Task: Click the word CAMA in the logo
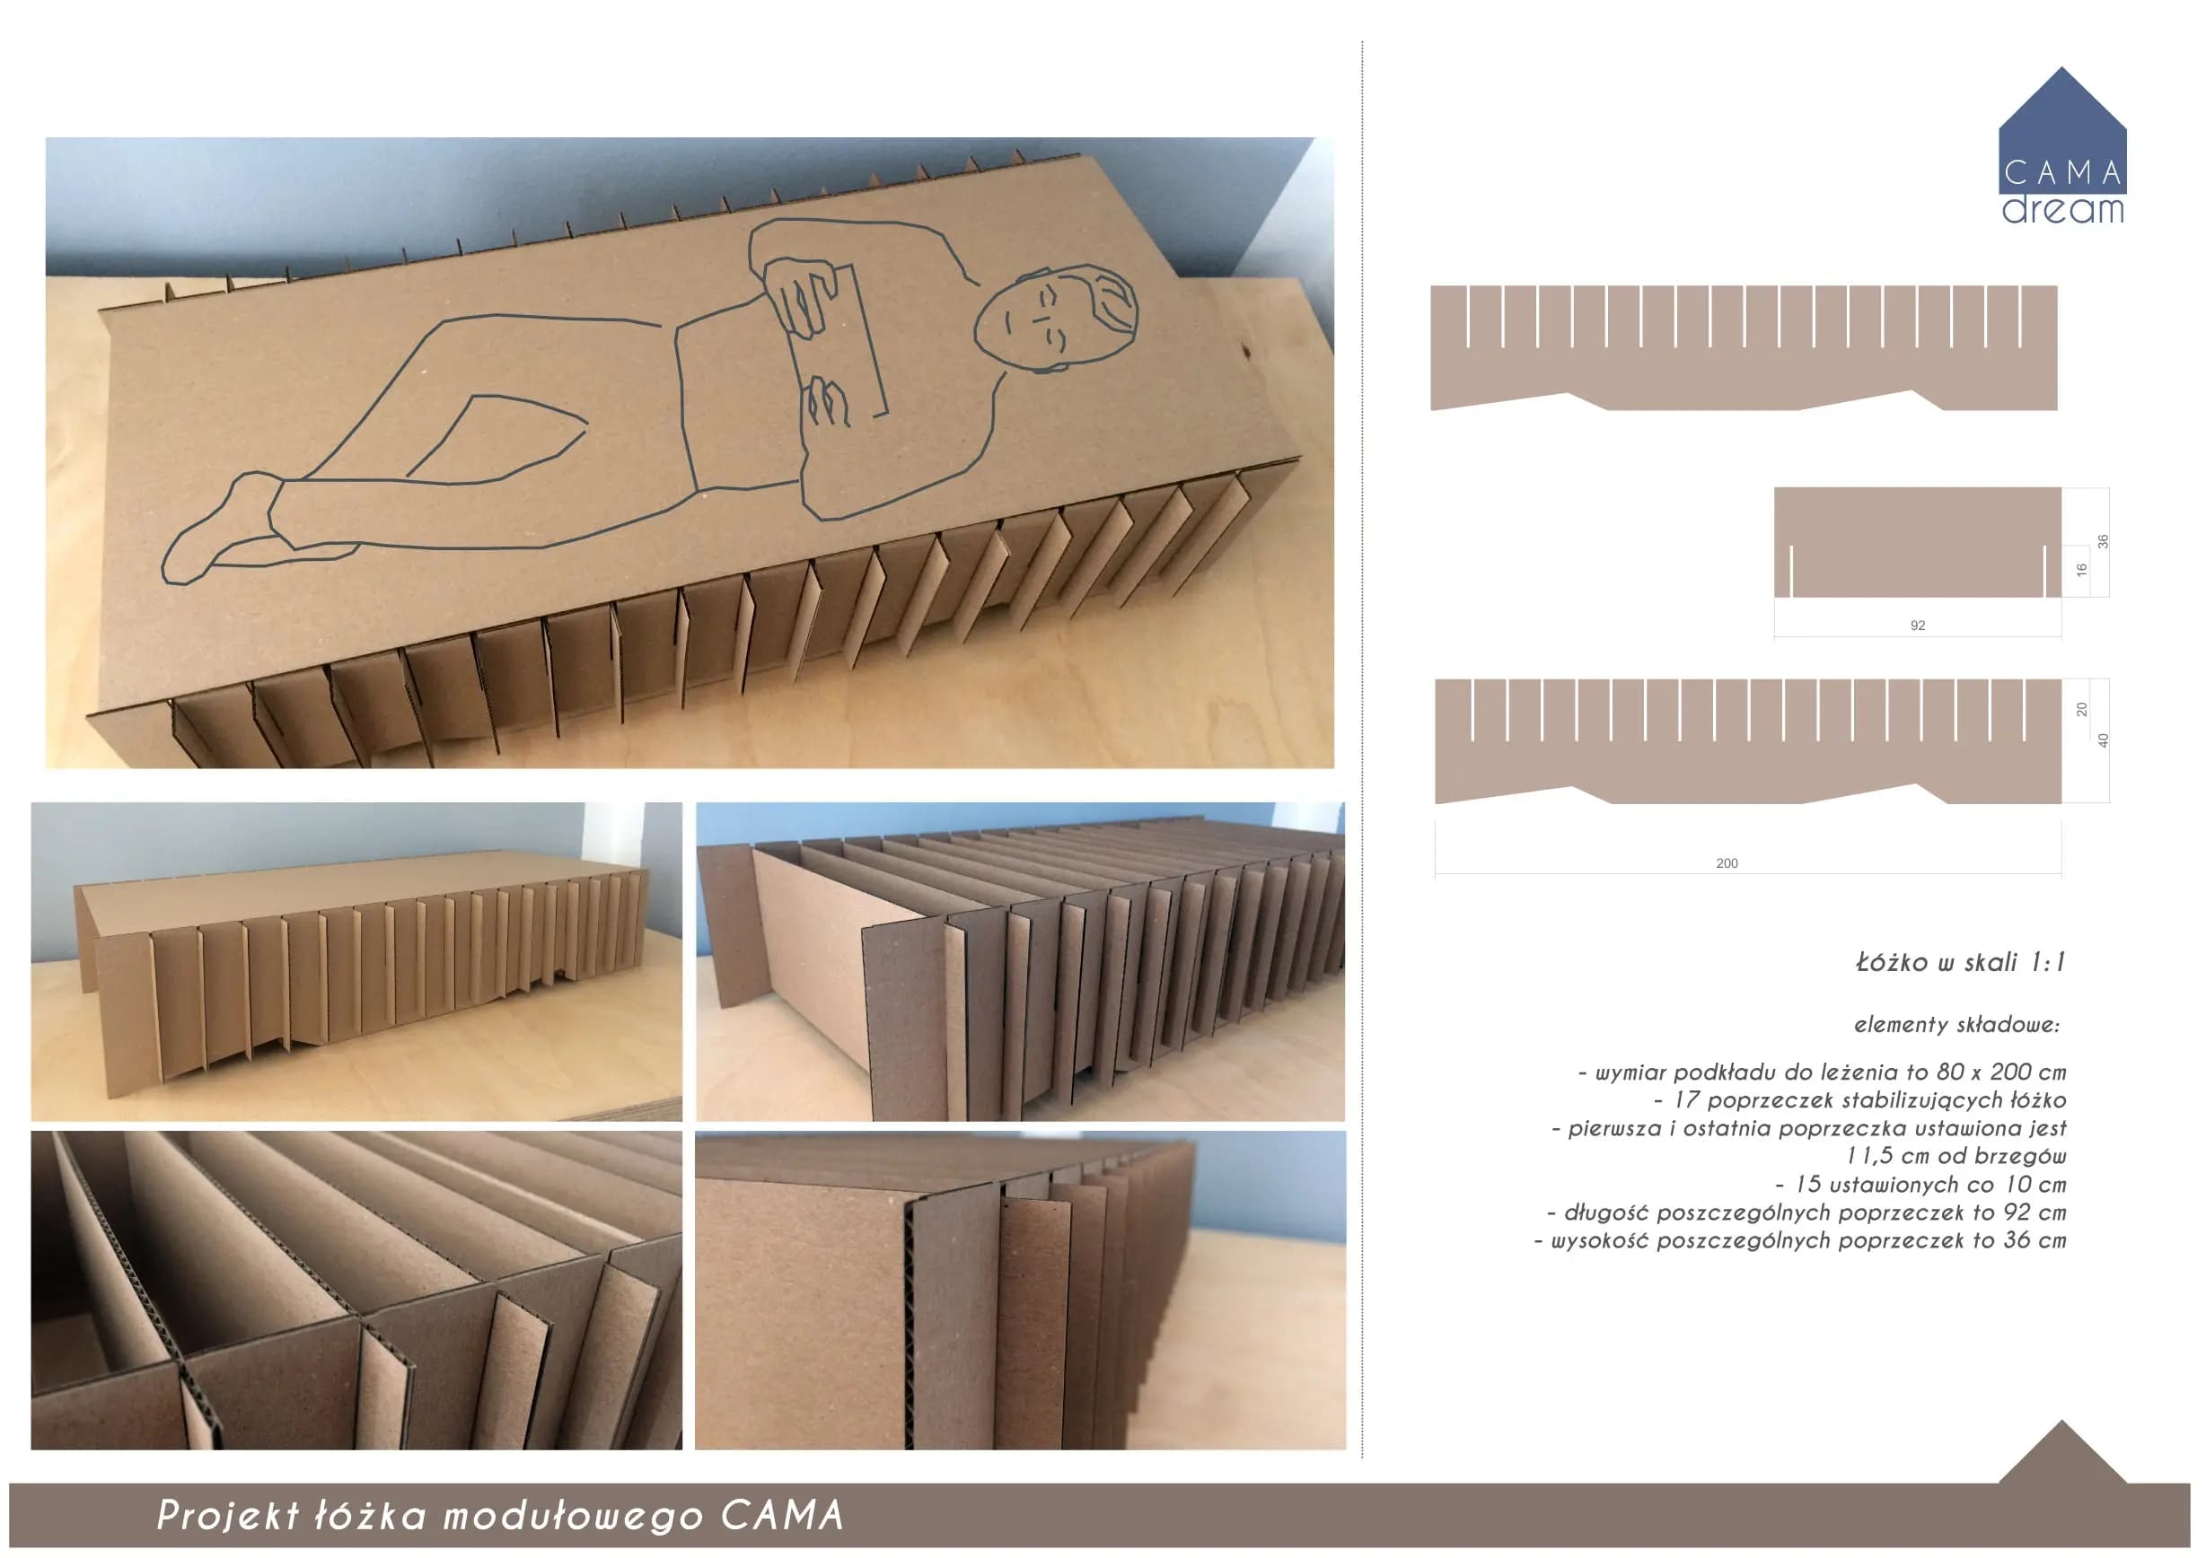click(x=2063, y=174)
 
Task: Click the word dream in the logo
click(x=2063, y=209)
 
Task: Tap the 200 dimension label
click(x=1727, y=863)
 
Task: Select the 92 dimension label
click(x=1918, y=626)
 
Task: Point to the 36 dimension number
click(x=2102, y=542)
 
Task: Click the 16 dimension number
click(x=2081, y=570)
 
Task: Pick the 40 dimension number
click(x=2102, y=740)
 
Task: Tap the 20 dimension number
click(x=2081, y=710)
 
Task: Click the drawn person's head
click(x=1057, y=318)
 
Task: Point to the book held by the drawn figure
click(x=834, y=341)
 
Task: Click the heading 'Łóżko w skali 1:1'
click(x=1960, y=961)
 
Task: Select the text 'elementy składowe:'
click(x=1956, y=1025)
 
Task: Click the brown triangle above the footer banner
click(x=2061, y=1452)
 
